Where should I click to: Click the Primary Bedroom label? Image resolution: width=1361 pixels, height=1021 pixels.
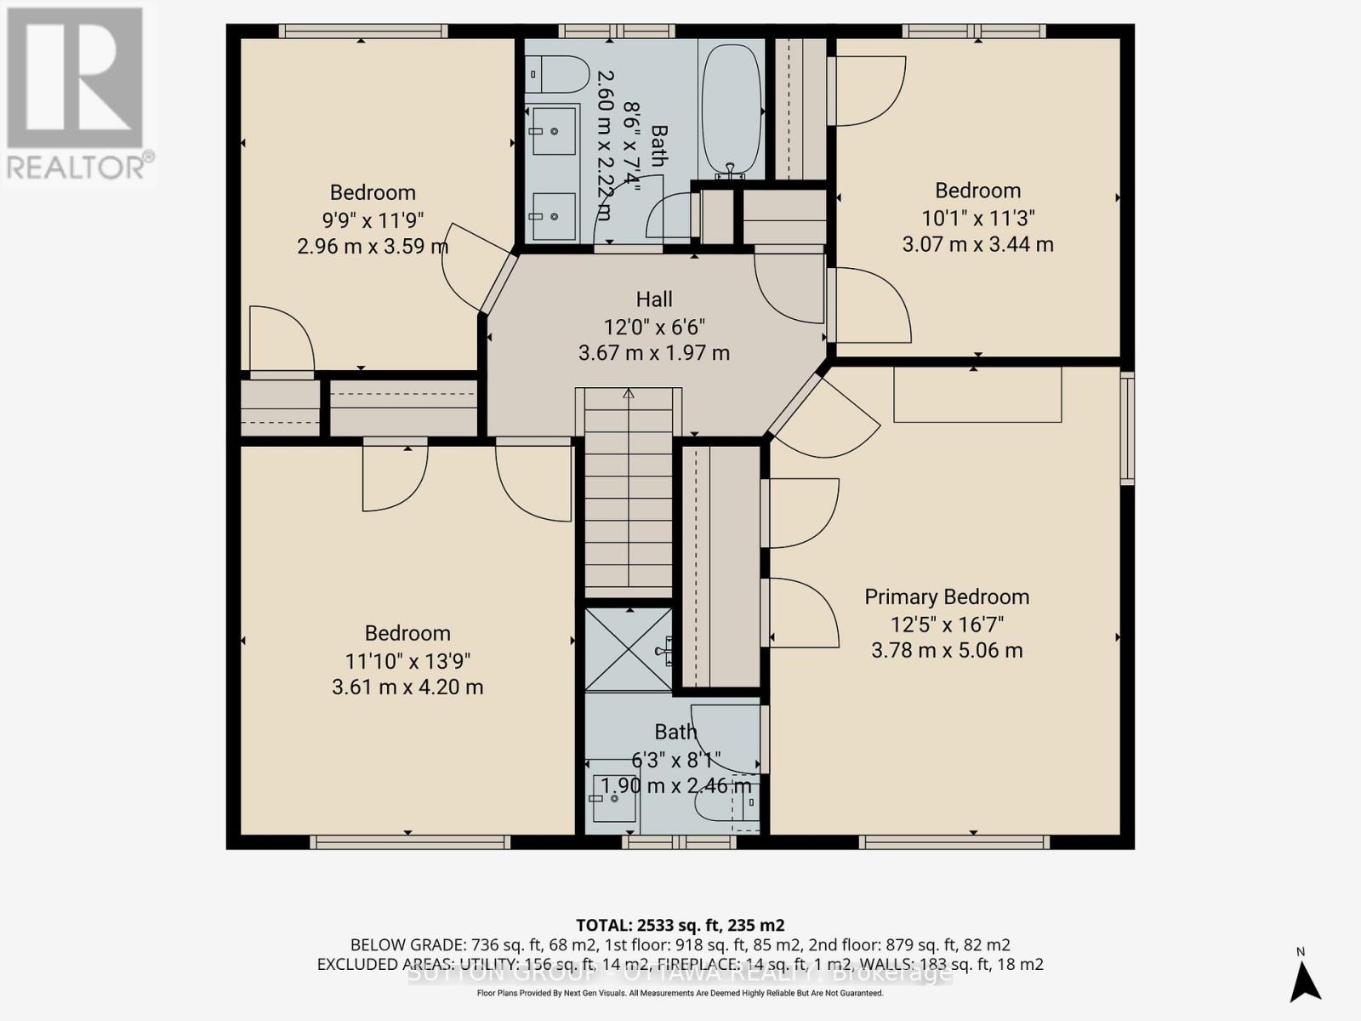(947, 596)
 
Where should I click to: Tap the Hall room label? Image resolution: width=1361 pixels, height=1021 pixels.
(654, 299)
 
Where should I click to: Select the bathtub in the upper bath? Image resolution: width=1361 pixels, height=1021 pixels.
(731, 108)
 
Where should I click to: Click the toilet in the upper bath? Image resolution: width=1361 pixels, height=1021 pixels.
(556, 75)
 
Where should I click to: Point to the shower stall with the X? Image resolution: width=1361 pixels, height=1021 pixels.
(628, 650)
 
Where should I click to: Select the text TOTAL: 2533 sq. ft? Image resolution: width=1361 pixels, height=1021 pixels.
(680, 925)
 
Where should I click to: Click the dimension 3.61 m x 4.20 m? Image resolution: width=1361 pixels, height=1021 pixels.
(407, 687)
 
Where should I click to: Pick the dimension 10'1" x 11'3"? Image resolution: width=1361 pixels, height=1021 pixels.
(977, 218)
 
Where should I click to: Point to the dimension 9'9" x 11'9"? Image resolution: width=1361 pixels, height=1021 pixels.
(373, 220)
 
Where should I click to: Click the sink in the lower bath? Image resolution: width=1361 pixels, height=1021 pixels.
(613, 800)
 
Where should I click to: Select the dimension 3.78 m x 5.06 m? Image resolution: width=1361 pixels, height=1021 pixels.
(947, 651)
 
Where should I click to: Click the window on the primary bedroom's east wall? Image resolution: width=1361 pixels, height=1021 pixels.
(1127, 428)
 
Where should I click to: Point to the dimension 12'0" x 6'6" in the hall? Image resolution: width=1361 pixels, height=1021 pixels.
(654, 327)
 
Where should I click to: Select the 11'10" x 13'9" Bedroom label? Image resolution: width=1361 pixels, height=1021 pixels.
(407, 633)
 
